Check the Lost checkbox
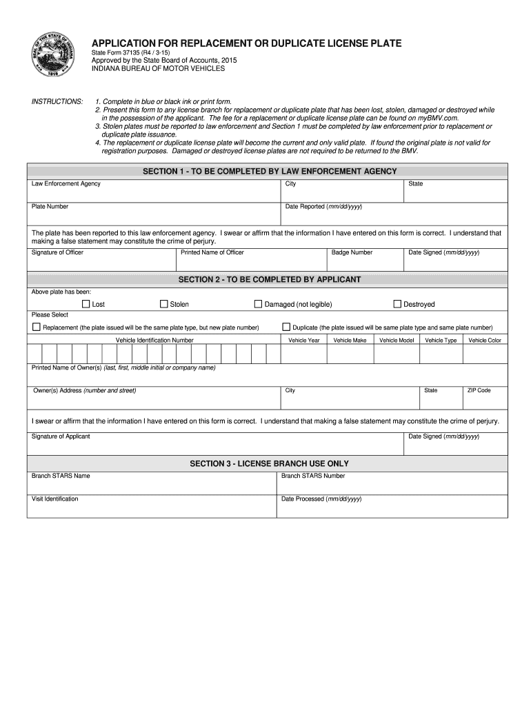point(86,304)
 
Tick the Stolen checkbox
point(164,304)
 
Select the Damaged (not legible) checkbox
point(259,304)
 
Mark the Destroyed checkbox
point(397,304)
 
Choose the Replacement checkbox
point(37,327)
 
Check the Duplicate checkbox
point(286,327)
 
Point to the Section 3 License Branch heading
point(269,463)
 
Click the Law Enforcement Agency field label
point(66,184)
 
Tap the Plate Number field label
point(50,207)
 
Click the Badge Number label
point(352,252)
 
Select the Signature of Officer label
point(57,252)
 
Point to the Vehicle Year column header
point(304,341)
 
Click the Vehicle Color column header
point(485,341)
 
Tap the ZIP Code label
point(479,390)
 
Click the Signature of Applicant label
point(61,436)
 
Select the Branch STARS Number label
point(313,476)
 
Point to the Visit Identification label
point(55,498)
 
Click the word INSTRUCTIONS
point(57,101)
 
